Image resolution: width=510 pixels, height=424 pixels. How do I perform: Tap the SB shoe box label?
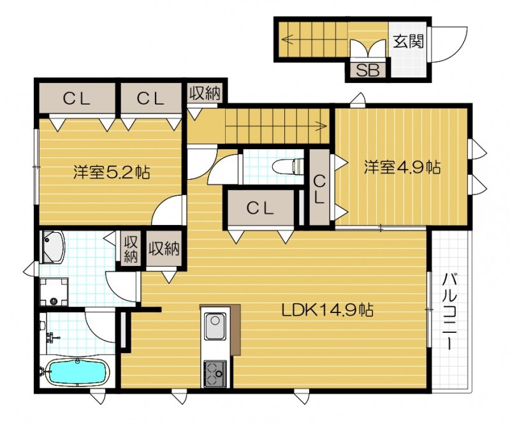(367, 70)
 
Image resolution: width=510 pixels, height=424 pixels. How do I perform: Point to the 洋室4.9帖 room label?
(402, 167)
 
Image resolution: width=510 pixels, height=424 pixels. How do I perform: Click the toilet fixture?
(289, 167)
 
